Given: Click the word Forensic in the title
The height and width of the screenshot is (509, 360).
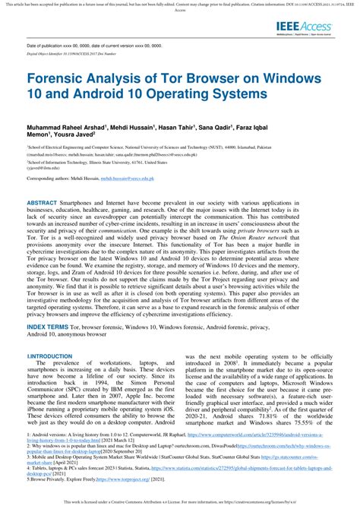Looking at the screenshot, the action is [x=60, y=78].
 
